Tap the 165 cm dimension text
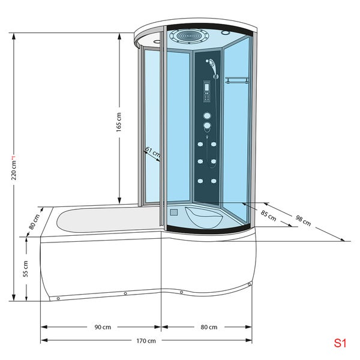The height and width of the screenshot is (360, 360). coord(119,122)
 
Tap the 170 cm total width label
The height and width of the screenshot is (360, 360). coord(146,341)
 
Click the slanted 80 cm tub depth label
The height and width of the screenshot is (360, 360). coord(35,222)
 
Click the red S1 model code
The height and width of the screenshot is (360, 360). coord(340,344)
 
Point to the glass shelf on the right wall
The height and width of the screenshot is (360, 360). coord(238,80)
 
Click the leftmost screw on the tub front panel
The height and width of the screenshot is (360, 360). coord(58,298)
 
